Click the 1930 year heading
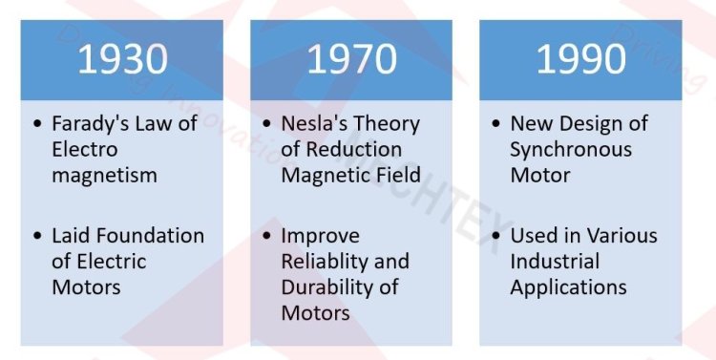point(123,59)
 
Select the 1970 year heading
point(350,59)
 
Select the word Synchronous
point(571,150)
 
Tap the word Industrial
point(555,261)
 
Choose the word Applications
point(568,286)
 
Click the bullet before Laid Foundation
point(37,236)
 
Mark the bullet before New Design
point(495,125)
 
